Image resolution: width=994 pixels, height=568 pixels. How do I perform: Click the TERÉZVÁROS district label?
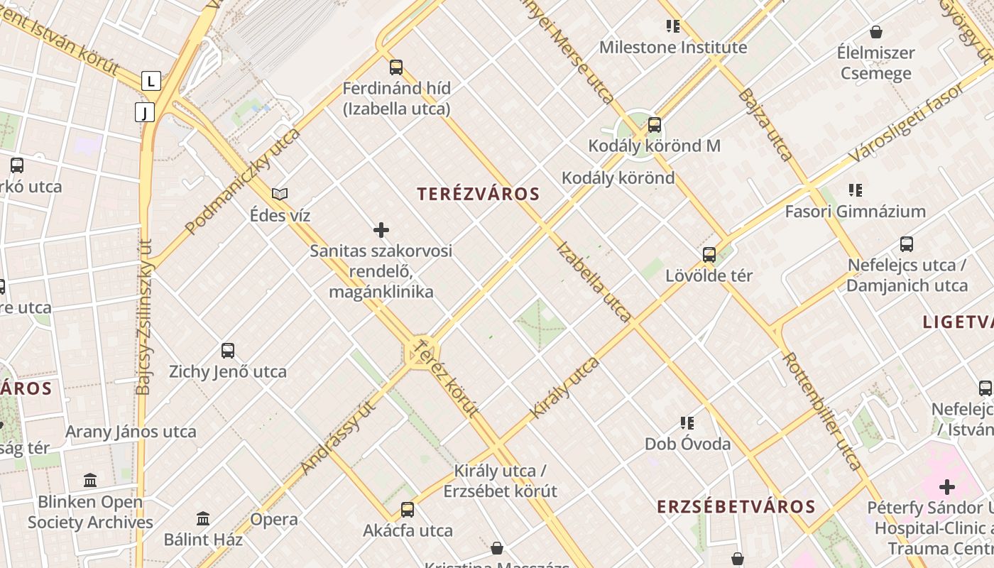478,194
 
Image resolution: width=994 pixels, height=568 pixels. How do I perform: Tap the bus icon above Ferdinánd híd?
396,67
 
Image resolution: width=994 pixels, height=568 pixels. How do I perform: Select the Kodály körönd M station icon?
655,125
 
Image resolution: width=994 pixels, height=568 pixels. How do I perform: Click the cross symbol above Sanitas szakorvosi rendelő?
381,230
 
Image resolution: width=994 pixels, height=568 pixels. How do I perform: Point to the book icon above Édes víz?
280,194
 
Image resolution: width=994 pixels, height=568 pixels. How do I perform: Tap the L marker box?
151,81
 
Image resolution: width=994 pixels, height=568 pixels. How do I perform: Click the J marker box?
145,112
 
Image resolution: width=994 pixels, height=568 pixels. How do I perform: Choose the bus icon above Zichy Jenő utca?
228,350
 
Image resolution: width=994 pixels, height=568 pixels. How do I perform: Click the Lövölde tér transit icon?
709,255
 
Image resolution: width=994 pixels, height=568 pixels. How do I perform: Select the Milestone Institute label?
673,48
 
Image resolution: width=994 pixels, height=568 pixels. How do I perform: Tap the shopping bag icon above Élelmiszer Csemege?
876,32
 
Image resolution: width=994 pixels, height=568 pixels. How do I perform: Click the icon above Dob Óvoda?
687,423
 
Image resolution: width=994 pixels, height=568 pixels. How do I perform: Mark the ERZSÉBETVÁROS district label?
736,506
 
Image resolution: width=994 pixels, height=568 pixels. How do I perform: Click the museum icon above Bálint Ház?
203,519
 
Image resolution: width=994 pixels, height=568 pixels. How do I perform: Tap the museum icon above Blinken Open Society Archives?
90,481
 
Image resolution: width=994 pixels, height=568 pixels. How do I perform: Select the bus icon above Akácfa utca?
408,509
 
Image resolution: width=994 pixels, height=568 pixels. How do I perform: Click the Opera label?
274,520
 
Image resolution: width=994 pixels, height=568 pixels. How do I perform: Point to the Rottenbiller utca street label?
821,410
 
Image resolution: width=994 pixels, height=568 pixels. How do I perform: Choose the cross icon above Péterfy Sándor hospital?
946,487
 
